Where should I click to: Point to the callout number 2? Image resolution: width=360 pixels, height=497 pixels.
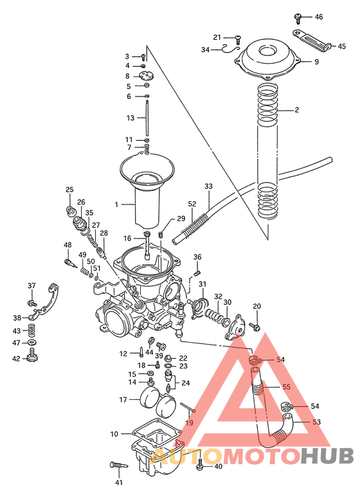click(297, 110)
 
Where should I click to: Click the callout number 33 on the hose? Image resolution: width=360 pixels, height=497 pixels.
click(208, 186)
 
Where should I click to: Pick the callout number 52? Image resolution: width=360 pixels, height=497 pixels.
click(192, 204)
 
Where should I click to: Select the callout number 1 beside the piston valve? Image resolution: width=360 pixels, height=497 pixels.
click(116, 204)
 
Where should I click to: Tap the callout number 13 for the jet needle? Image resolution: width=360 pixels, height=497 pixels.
click(130, 118)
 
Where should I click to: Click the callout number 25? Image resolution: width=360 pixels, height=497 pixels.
click(69, 190)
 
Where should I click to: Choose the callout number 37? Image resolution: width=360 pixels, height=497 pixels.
click(31, 285)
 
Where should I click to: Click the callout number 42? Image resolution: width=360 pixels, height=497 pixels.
click(16, 359)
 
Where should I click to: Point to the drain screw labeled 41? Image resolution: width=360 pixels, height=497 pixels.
click(117, 464)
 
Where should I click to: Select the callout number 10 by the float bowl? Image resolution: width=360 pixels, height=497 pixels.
click(114, 434)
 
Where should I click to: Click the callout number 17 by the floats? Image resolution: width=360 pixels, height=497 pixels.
click(123, 399)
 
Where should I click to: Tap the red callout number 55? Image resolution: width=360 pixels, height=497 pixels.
click(286, 387)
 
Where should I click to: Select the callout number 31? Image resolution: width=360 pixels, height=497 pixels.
click(202, 285)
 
